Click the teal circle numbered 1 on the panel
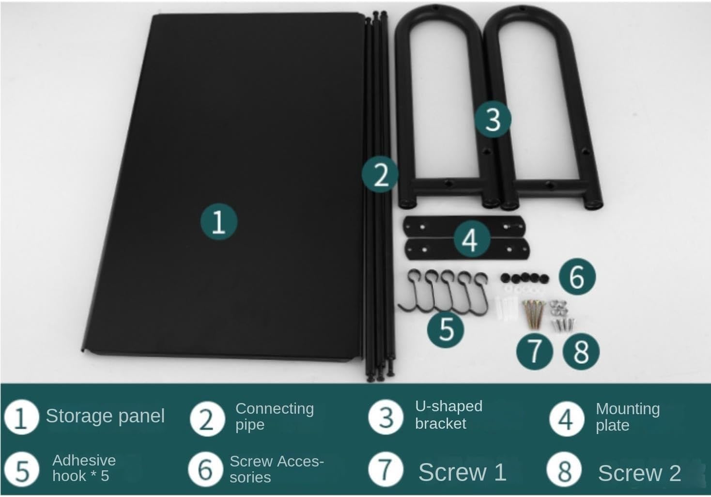tap(219, 222)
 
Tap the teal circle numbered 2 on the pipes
tap(380, 174)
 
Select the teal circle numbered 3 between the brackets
tap(493, 119)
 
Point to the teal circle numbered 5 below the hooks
tap(446, 329)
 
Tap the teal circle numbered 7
tap(535, 351)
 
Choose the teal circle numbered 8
tap(581, 351)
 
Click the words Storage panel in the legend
tap(106, 416)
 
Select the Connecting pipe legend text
tap(275, 417)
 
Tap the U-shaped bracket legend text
tap(448, 415)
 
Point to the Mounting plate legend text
tap(628, 417)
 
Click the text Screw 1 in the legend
tap(462, 472)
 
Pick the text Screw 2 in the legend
tap(639, 473)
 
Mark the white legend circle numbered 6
tap(205, 470)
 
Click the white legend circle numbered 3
tap(386, 417)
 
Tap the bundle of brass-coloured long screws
tap(533, 314)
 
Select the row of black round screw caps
tap(525, 279)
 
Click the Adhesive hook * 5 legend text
tap(84, 468)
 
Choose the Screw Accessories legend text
tap(277, 469)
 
